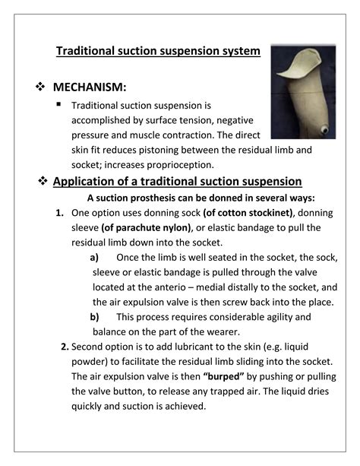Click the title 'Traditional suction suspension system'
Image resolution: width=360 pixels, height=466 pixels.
(159, 52)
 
